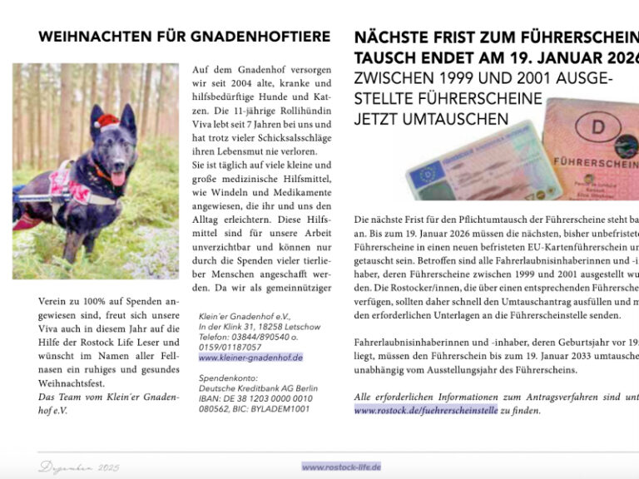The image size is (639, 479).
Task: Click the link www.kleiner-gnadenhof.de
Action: (250, 358)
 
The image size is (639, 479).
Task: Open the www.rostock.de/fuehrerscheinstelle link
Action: (425, 410)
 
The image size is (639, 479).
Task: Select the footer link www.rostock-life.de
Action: (341, 467)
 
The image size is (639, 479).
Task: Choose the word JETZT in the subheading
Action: (382, 119)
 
